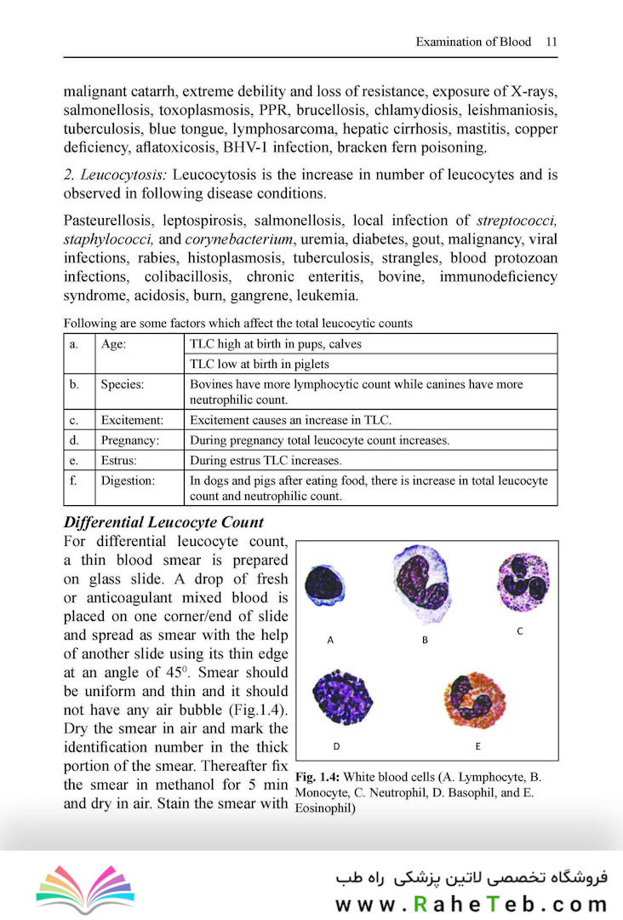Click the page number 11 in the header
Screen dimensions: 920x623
pyautogui.click(x=552, y=41)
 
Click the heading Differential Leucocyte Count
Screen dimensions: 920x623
pyautogui.click(x=164, y=522)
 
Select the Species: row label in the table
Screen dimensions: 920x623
pyautogui.click(x=122, y=384)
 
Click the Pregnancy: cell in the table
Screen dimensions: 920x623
pyautogui.click(x=129, y=440)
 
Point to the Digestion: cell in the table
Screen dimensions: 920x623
pyautogui.click(x=128, y=481)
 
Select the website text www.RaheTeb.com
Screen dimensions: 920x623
pyautogui.click(x=472, y=903)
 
